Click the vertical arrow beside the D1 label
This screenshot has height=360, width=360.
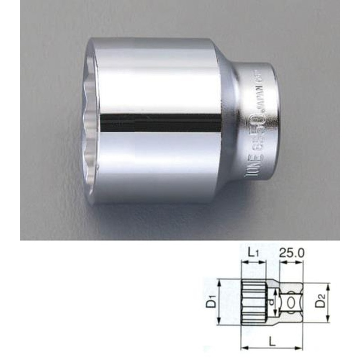pyautogui.click(x=220, y=301)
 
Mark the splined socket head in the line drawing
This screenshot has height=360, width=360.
pyautogui.click(x=254, y=301)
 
